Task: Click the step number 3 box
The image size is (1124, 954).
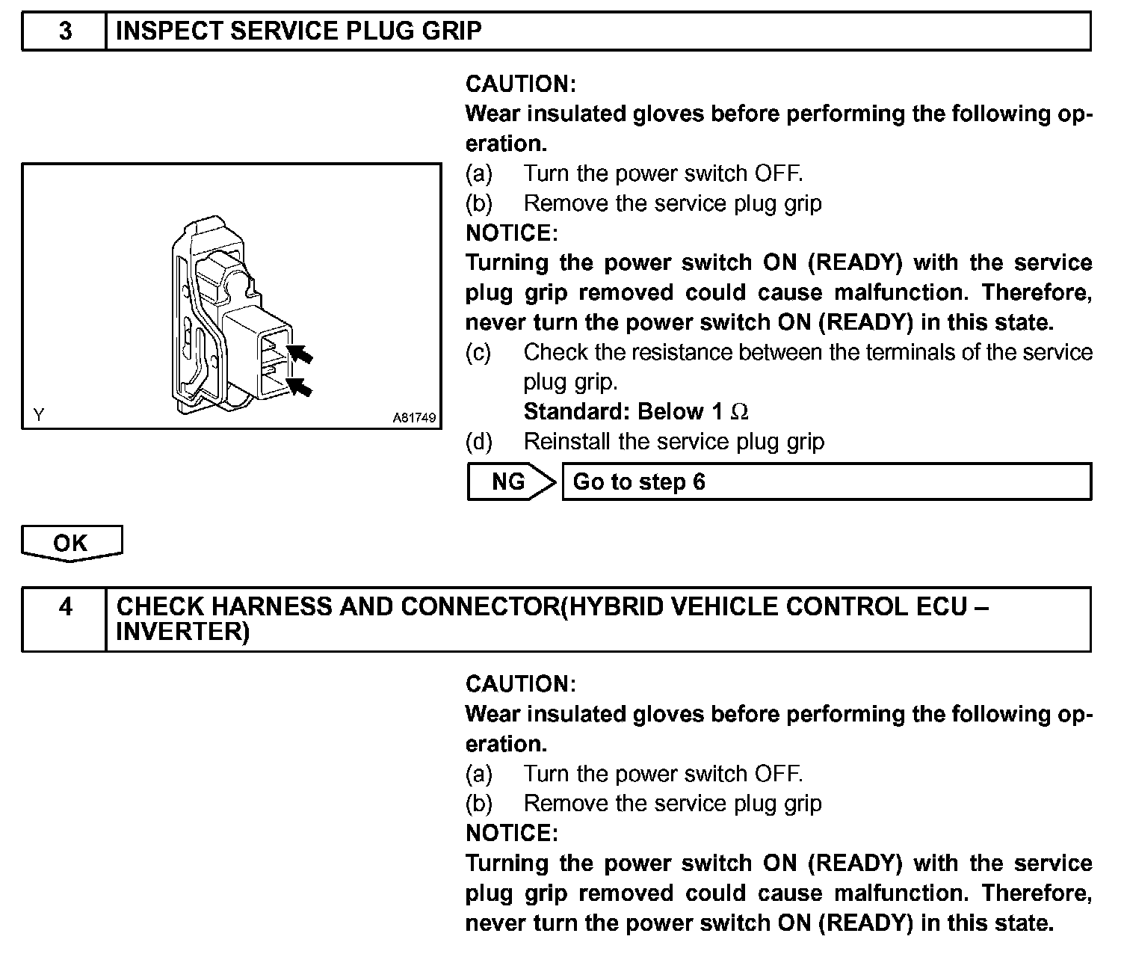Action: tap(65, 31)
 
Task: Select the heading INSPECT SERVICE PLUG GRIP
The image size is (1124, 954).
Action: tap(299, 31)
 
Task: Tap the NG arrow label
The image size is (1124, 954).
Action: tap(510, 481)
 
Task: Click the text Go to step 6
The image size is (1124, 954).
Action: tap(639, 481)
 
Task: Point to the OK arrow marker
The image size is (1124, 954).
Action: tap(71, 543)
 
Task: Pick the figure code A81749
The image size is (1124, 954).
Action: tap(414, 418)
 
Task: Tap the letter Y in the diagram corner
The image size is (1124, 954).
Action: tap(38, 415)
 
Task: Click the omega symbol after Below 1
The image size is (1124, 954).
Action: tap(739, 412)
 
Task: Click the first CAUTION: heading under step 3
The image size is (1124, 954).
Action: tap(520, 84)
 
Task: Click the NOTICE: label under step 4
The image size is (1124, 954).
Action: tap(511, 833)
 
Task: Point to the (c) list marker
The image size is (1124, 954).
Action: tap(478, 352)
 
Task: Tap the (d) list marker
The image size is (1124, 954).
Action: tap(478, 442)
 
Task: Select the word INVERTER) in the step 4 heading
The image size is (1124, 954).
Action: tap(182, 633)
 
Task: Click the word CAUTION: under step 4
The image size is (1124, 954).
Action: tap(520, 684)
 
